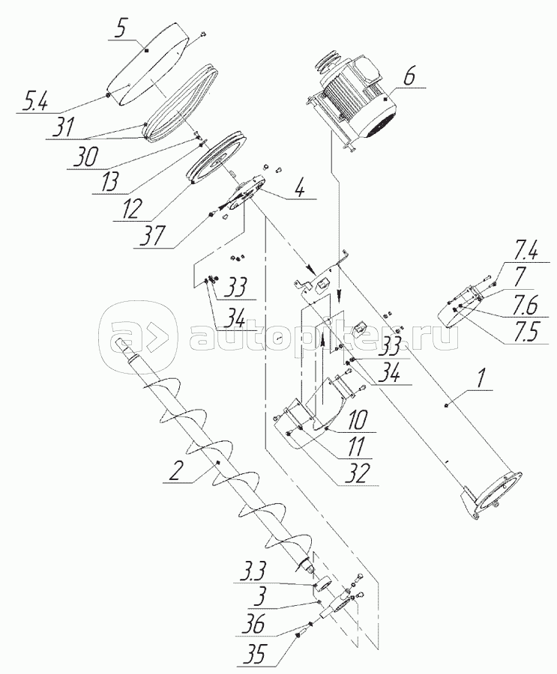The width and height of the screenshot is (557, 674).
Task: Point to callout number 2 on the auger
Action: pyautogui.click(x=175, y=472)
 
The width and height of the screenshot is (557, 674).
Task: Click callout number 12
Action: pyautogui.click(x=130, y=210)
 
